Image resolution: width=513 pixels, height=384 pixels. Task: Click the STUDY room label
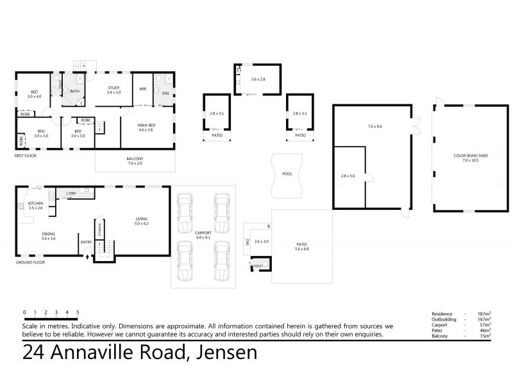[x=114, y=90]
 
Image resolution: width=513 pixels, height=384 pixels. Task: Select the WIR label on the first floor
[x=143, y=89]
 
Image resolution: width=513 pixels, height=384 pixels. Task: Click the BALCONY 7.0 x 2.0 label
[x=135, y=161]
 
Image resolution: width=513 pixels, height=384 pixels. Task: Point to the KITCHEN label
[x=35, y=205]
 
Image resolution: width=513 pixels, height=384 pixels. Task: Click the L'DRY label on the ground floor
[x=72, y=193]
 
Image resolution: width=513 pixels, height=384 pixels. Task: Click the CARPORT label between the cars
[x=203, y=234]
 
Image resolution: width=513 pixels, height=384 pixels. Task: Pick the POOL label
[x=287, y=173]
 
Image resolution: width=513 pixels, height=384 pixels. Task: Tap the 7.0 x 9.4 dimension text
[x=374, y=127]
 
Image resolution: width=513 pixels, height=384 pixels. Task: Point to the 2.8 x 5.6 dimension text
[x=348, y=175]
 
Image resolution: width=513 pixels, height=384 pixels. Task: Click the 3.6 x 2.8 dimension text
[x=258, y=79]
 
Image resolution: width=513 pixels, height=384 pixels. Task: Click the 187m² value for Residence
[x=482, y=314]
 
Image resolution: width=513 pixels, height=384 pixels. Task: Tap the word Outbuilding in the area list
[x=447, y=319]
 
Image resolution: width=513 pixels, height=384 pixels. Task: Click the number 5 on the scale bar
[x=78, y=312]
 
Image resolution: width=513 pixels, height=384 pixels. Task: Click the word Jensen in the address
[x=221, y=351]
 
